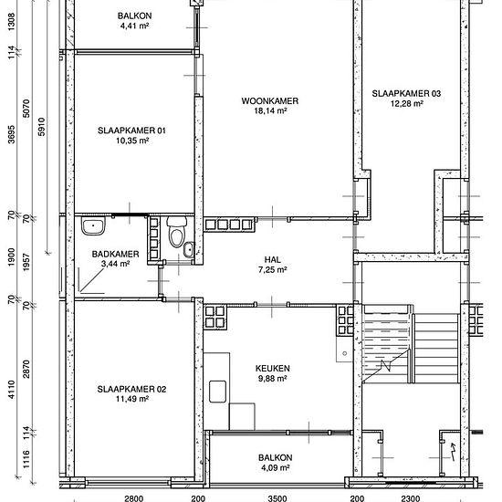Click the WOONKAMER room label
click(x=269, y=101)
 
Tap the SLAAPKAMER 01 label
click(x=131, y=131)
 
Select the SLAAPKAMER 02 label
click(x=131, y=390)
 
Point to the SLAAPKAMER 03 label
click(x=406, y=93)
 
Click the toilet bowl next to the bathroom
click(x=177, y=232)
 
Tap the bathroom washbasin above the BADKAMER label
click(x=93, y=225)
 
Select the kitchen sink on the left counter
click(x=218, y=392)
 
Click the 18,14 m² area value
click(x=270, y=111)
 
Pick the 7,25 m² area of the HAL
click(x=273, y=270)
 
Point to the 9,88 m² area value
click(x=272, y=379)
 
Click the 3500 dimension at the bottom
click(x=277, y=498)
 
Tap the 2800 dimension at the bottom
click(x=134, y=498)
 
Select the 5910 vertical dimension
click(x=42, y=127)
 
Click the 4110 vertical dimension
click(x=12, y=390)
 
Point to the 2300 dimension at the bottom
click(x=411, y=498)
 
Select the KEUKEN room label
click(x=273, y=369)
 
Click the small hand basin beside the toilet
click(x=189, y=250)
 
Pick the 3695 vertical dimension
click(x=12, y=134)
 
